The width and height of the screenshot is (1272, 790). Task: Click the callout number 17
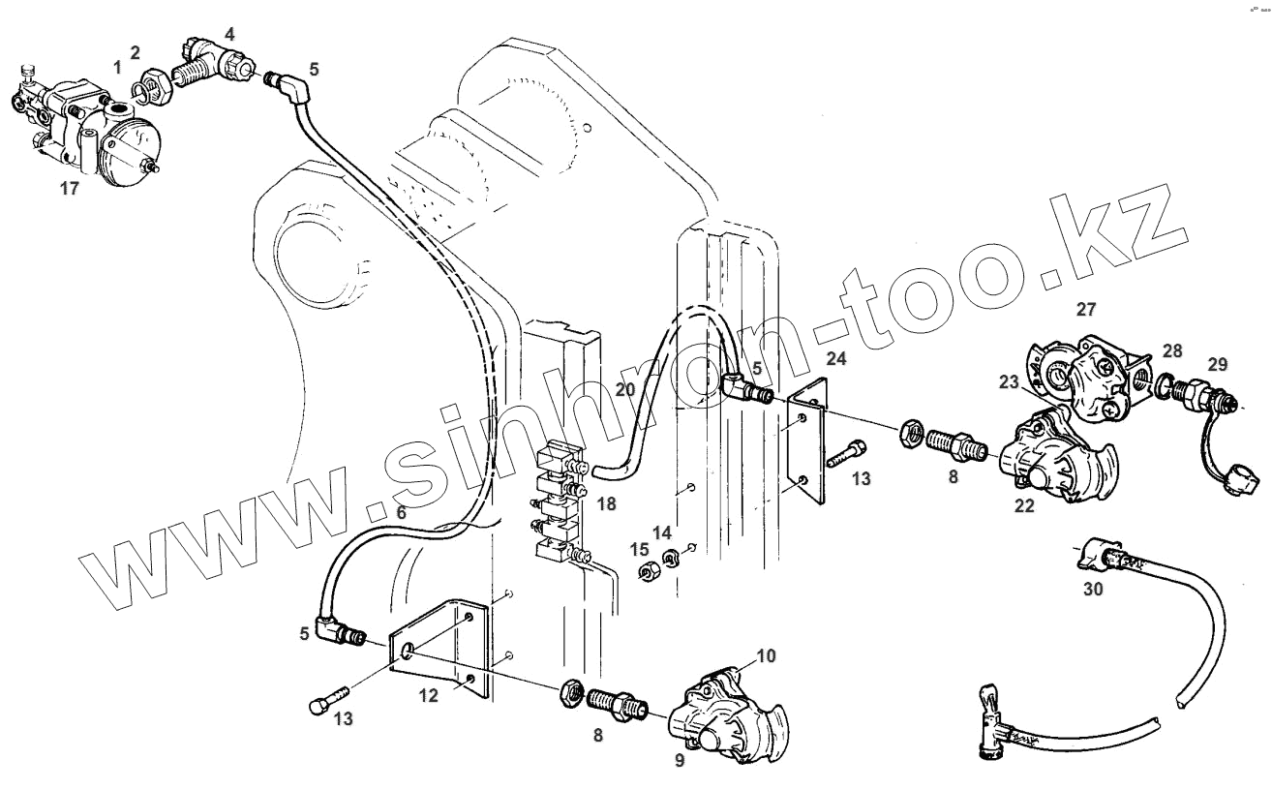pyautogui.click(x=69, y=189)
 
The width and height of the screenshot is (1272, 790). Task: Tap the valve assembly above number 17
pyautogui.click(x=92, y=131)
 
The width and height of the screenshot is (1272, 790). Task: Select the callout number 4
pyautogui.click(x=229, y=34)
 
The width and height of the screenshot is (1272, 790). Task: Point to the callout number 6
pyautogui.click(x=400, y=514)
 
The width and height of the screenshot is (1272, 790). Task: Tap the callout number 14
pyautogui.click(x=661, y=532)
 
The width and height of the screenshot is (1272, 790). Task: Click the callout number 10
pyautogui.click(x=765, y=656)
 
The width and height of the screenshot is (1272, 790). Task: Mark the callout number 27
pyautogui.click(x=1085, y=310)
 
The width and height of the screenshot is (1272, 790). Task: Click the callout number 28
pyautogui.click(x=1172, y=349)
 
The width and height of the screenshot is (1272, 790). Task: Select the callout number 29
pyautogui.click(x=1217, y=365)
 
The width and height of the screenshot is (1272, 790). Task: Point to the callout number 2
pyautogui.click(x=136, y=51)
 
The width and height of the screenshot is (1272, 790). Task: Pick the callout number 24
pyautogui.click(x=835, y=359)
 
